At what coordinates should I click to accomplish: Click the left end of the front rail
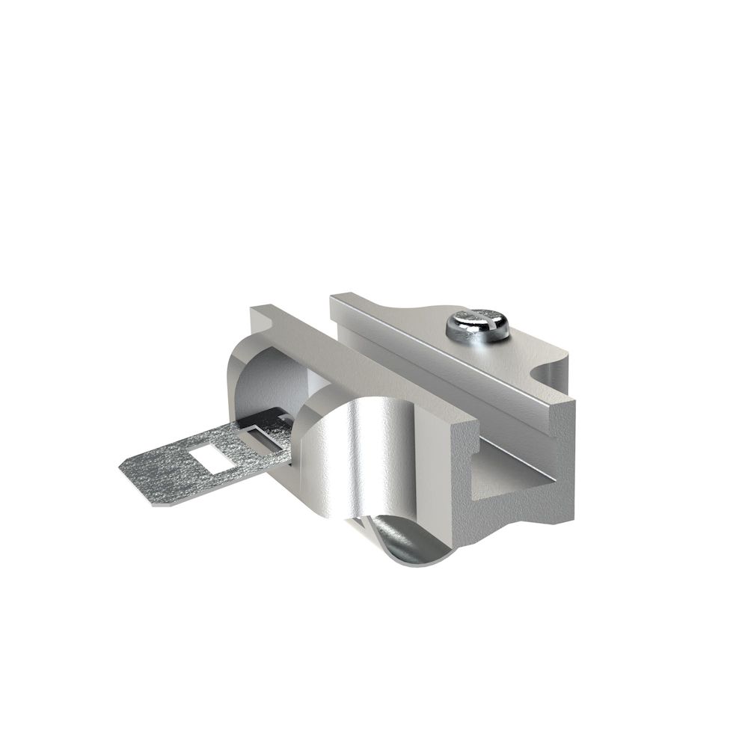[x=258, y=314]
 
